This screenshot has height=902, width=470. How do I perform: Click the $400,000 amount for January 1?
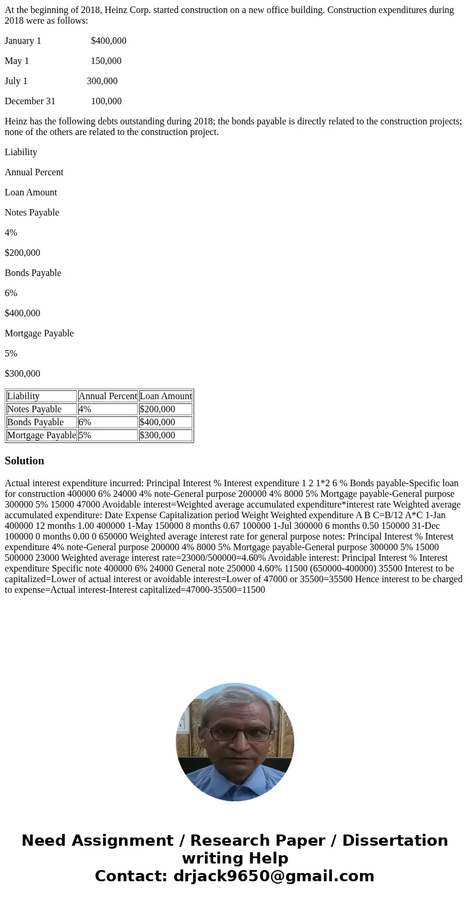tap(108, 41)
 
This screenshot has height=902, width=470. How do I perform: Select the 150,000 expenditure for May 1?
tap(106, 61)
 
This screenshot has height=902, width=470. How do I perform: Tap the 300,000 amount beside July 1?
tap(102, 81)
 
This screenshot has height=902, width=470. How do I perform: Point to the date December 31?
tap(30, 101)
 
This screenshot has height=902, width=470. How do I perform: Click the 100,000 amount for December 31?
tap(106, 101)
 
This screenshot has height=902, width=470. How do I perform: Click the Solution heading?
tap(24, 461)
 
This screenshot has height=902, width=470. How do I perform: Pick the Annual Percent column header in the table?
tap(108, 396)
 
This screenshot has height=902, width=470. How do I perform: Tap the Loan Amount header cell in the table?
tap(166, 396)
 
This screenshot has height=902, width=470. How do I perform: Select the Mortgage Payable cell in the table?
tap(41, 435)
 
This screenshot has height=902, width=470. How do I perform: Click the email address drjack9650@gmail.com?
tap(273, 877)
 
